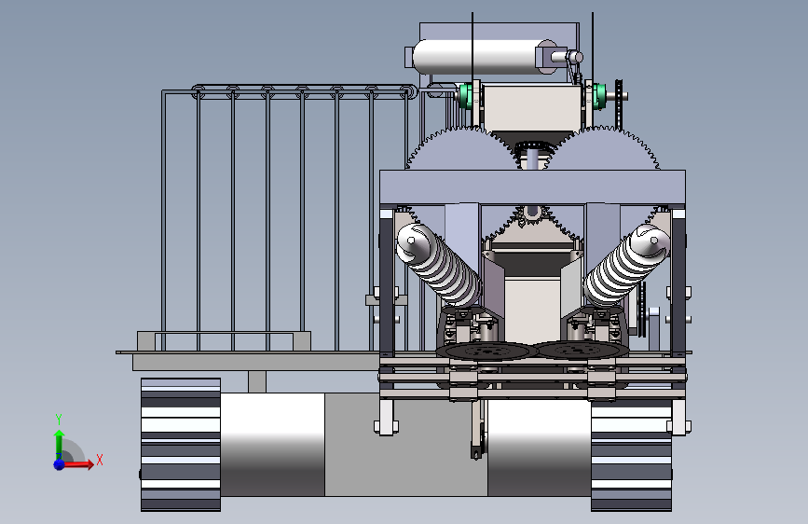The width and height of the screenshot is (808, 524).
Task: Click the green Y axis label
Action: click(x=59, y=419)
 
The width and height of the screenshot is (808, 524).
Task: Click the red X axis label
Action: click(x=100, y=460)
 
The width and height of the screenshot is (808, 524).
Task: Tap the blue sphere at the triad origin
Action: click(x=60, y=464)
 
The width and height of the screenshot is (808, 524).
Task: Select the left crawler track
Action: click(x=181, y=445)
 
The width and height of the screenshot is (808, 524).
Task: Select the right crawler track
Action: click(x=631, y=455)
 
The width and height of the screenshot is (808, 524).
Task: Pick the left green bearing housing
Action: click(x=465, y=96)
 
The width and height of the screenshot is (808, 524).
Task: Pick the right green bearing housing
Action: click(x=599, y=96)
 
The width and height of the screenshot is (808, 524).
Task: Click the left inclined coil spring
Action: click(x=439, y=264)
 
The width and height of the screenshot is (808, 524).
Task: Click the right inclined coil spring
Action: click(x=626, y=264)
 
